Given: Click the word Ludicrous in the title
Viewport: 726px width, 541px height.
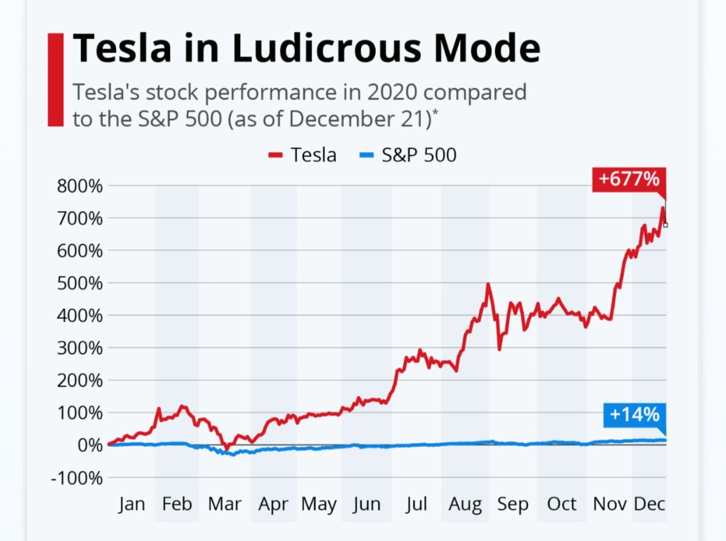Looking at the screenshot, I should coord(326,48).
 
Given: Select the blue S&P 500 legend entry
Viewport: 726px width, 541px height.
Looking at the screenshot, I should coord(408,155).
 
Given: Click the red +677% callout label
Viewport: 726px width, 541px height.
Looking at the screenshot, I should coord(628,179).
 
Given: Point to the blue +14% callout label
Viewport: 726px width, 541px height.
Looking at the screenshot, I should coord(634,414).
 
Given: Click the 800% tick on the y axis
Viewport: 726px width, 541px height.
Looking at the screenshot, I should coord(80,186).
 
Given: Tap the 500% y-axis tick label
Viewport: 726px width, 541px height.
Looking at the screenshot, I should coord(80,283).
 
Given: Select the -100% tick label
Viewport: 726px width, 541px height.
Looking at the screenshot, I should coord(77,477).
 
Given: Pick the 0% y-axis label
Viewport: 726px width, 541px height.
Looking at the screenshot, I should coord(90,445).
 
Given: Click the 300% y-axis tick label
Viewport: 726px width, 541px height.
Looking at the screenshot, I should coord(80,347).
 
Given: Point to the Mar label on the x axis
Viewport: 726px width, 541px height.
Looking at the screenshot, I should coord(225,504).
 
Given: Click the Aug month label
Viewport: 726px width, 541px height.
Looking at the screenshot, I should coord(465,504).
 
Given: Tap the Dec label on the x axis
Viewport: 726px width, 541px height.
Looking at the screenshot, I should coord(649,504).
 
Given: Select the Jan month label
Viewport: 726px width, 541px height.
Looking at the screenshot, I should coord(132,504).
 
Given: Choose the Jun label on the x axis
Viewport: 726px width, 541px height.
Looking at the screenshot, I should coord(366,504).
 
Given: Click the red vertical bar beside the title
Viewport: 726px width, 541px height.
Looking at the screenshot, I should coord(56,79).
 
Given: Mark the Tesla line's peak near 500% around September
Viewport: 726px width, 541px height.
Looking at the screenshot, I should coord(488,284).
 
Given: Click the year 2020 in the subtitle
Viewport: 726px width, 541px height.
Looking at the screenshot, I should coord(391,92).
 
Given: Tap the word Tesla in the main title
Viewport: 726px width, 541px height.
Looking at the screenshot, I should coord(123,48).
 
